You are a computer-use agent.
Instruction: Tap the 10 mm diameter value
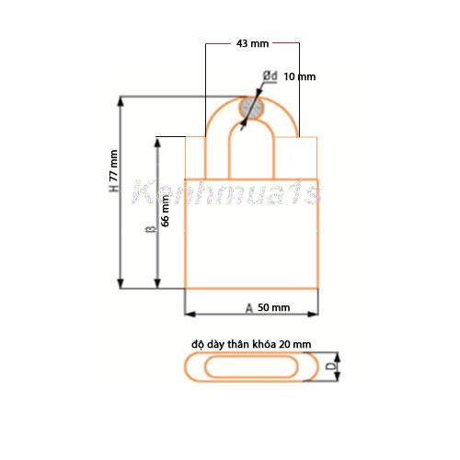point(299,76)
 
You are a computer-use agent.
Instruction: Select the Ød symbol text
point(270,75)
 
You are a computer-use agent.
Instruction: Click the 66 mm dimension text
point(166,209)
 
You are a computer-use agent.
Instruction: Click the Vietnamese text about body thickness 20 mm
point(252,342)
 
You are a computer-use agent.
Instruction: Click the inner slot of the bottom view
point(251,368)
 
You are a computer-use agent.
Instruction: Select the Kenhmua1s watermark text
point(225,193)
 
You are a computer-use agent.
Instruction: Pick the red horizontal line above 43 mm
point(252,42)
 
